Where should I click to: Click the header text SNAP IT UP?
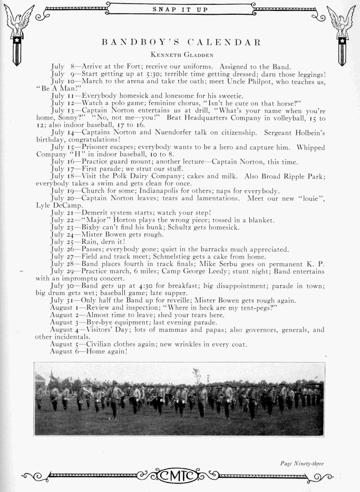click(x=180, y=9)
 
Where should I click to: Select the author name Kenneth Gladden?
click(x=180, y=54)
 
